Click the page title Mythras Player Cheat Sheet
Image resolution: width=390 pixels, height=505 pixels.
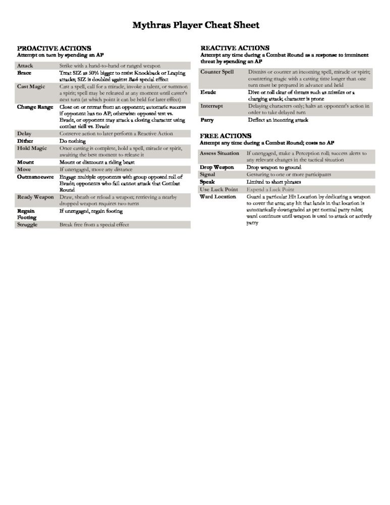point(196,25)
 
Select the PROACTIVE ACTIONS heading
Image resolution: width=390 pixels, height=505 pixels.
point(54,48)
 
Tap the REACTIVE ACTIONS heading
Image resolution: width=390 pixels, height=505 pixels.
point(235,48)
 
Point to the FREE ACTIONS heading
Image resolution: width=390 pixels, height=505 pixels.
point(226,136)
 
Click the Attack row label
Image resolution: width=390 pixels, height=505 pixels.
point(25,66)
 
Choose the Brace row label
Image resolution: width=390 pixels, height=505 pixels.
point(24,73)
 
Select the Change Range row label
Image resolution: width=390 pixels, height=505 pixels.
point(35,107)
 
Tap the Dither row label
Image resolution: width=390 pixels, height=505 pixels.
point(25,141)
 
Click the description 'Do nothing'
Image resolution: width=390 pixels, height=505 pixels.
point(73,141)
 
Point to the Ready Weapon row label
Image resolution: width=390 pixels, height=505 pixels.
point(35,197)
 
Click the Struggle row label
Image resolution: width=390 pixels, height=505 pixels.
point(28,224)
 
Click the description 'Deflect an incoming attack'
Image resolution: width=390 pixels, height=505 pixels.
point(278,120)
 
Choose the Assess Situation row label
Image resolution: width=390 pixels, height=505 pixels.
point(219,153)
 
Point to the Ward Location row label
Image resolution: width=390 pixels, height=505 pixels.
point(218,196)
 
